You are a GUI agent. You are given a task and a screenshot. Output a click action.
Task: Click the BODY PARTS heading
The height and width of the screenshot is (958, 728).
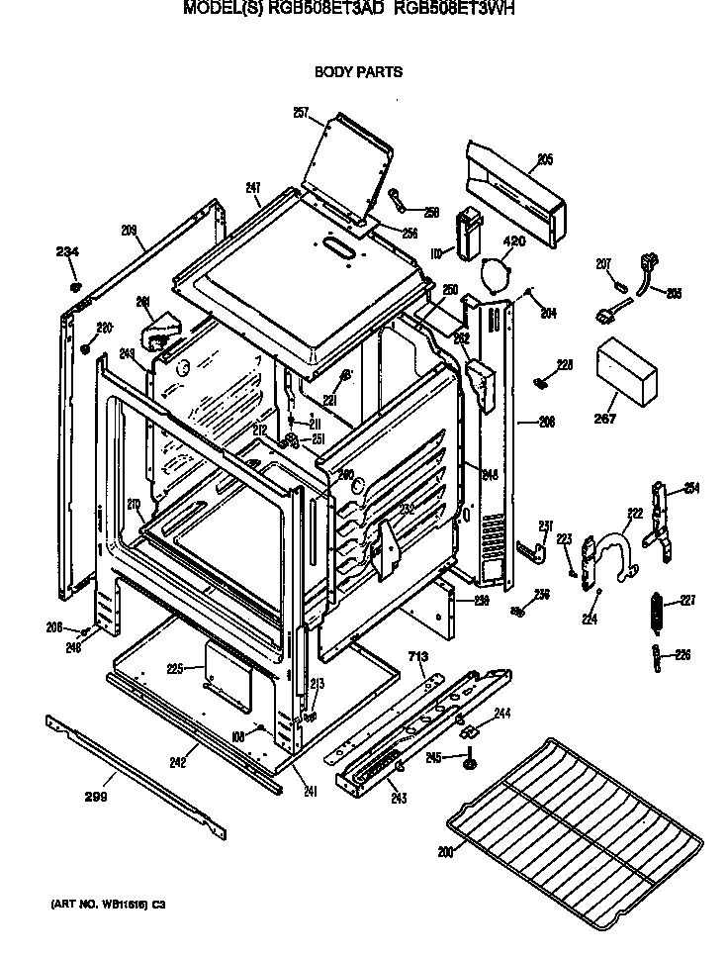[x=358, y=72]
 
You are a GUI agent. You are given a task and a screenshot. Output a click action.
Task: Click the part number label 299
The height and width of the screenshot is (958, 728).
[x=96, y=795]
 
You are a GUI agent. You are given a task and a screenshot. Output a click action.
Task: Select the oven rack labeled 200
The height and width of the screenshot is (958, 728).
[x=574, y=813]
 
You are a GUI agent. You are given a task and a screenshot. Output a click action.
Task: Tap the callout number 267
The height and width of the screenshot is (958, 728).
[x=604, y=420]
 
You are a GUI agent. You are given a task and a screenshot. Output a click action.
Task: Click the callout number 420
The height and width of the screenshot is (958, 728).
[x=513, y=241]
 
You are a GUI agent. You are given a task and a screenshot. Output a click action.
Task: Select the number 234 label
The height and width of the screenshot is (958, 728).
[x=66, y=252]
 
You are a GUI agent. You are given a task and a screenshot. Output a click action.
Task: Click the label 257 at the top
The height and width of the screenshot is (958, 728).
[x=301, y=113]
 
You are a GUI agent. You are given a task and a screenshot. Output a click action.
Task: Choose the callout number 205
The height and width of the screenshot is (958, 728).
[x=544, y=159]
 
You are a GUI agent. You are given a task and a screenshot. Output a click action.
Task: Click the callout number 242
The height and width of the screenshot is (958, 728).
[x=178, y=763]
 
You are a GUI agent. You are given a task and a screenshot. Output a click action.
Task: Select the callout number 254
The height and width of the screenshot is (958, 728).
[x=689, y=489]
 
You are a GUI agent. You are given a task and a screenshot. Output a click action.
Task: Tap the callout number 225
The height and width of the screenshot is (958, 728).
[x=174, y=669]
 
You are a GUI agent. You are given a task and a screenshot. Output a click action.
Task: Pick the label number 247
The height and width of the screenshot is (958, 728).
[x=253, y=188]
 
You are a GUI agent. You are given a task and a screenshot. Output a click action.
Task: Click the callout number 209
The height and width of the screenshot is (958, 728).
[x=129, y=231]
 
